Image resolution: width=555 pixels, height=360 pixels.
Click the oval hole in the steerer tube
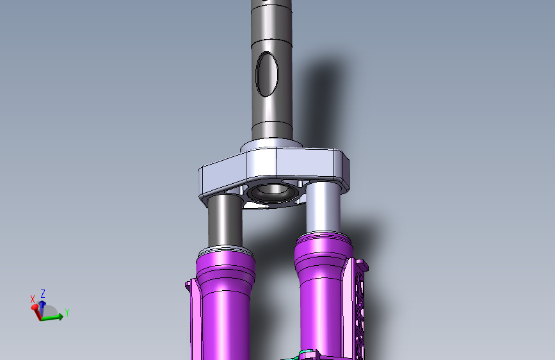[x=267, y=74]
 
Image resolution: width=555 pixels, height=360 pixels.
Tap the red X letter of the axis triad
[x=33, y=299]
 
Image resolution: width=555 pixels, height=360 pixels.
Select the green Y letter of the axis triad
[x=67, y=313]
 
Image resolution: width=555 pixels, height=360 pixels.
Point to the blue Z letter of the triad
[x=43, y=294]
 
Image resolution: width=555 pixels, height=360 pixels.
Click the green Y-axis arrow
[x=52, y=317]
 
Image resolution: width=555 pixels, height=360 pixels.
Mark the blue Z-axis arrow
[x=42, y=309]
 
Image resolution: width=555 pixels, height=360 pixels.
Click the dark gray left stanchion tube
[x=225, y=220]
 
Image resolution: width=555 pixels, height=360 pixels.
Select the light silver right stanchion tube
[x=323, y=207]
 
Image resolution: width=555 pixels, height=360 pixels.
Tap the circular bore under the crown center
[x=273, y=192]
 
